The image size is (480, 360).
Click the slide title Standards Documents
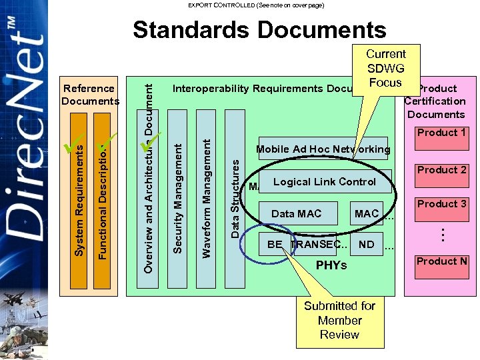[259, 30]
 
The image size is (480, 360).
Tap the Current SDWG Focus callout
[385, 68]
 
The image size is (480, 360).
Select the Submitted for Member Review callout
[339, 320]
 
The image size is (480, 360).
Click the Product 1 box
[441, 133]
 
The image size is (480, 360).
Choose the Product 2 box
[441, 170]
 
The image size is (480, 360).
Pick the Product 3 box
[441, 204]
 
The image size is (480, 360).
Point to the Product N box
[441, 261]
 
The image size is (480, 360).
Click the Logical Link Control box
[325, 182]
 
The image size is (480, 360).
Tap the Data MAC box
[296, 214]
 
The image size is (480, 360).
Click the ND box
[366, 245]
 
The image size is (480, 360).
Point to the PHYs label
[331, 265]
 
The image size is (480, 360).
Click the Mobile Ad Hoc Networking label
[323, 149]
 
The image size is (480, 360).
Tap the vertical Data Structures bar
[235, 200]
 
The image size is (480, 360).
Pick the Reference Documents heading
[89, 95]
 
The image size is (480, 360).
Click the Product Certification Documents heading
[435, 101]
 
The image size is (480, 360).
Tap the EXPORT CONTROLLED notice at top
[255, 5]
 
